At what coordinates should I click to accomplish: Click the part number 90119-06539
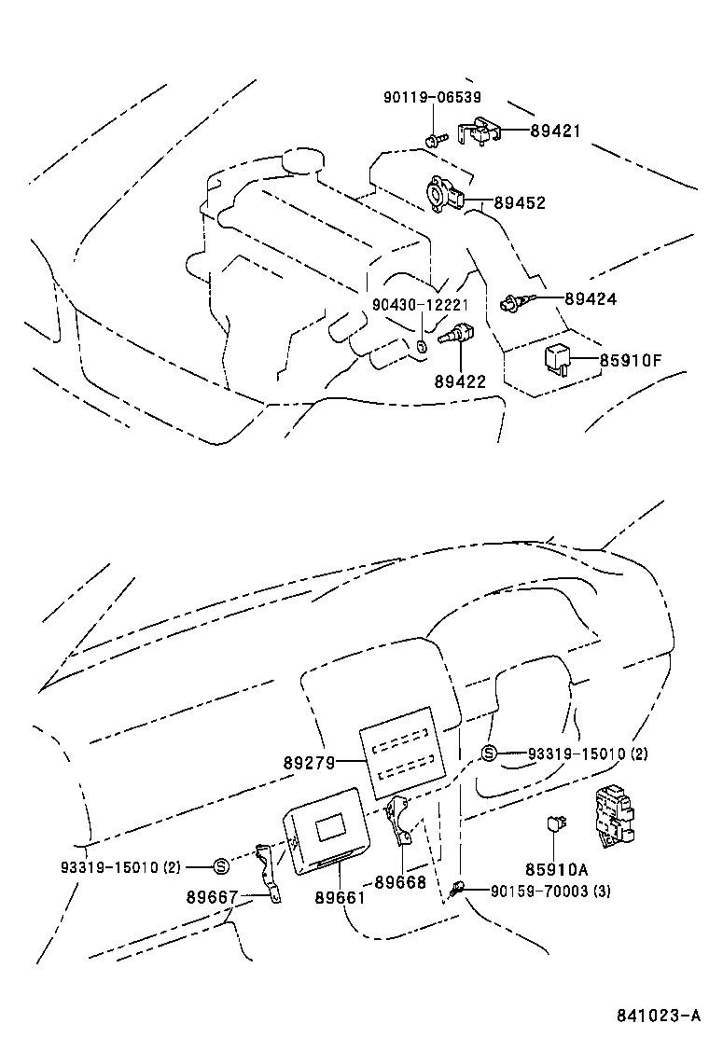[432, 98]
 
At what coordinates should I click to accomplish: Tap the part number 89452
[520, 202]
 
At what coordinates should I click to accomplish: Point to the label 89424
[590, 299]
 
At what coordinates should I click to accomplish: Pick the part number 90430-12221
[420, 305]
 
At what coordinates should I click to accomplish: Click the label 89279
[309, 762]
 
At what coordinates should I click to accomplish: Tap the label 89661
[340, 897]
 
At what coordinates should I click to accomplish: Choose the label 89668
[400, 881]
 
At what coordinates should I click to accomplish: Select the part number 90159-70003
[539, 891]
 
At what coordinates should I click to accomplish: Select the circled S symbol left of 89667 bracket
[221, 866]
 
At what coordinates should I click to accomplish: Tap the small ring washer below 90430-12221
[420, 347]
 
